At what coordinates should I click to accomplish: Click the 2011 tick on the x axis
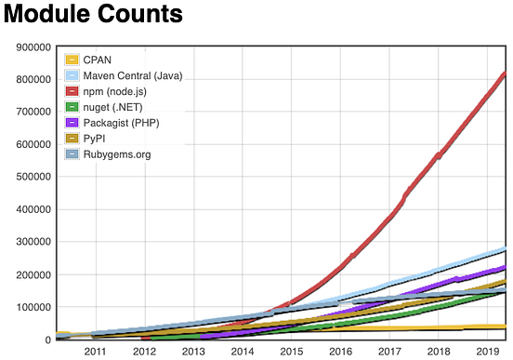[x=95, y=351]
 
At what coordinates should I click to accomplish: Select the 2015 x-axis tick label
[x=292, y=351]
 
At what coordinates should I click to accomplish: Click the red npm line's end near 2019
[x=503, y=73]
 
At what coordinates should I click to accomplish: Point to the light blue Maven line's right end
[x=503, y=248]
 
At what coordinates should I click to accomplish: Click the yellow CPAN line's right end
[x=503, y=327]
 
